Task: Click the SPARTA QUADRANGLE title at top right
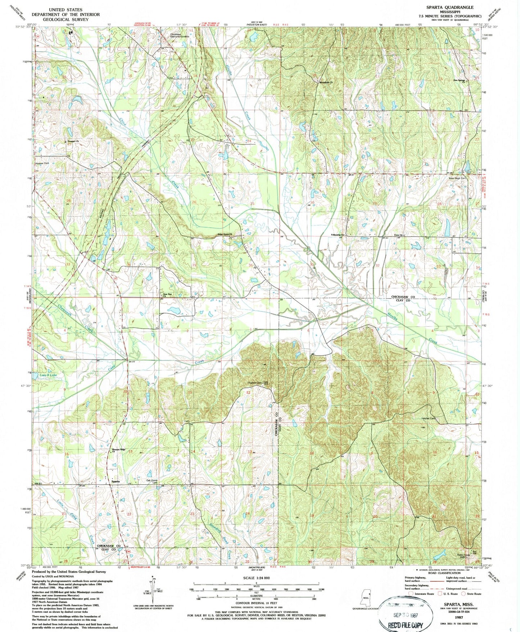(455, 7)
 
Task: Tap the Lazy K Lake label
(48, 375)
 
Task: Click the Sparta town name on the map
(116, 481)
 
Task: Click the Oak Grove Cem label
(152, 481)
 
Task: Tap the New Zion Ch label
(168, 295)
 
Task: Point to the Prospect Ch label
(72, 141)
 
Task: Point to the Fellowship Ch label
(338, 235)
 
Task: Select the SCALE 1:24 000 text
(256, 578)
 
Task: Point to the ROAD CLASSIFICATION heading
(444, 573)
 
